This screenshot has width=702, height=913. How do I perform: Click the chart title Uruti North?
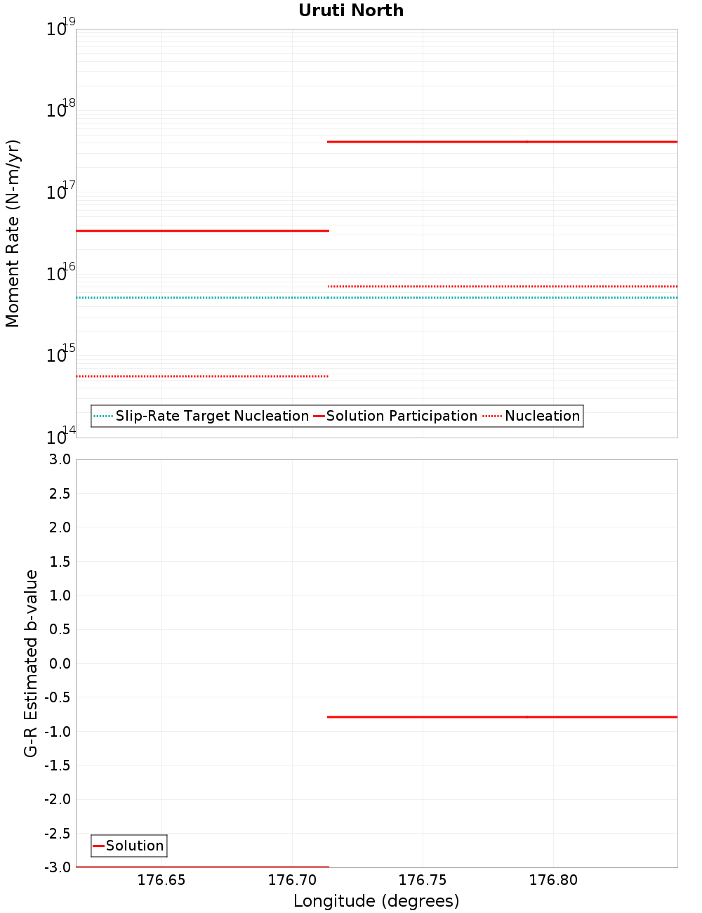tap(351, 11)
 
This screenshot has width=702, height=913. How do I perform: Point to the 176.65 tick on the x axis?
tap(161, 881)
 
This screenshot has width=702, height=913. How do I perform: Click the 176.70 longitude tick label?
tap(292, 881)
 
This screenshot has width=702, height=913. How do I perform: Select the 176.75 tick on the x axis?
tap(423, 881)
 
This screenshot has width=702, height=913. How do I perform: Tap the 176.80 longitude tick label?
tap(553, 881)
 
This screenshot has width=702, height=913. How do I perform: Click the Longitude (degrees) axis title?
tap(376, 901)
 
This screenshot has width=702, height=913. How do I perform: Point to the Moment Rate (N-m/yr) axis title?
tap(13, 233)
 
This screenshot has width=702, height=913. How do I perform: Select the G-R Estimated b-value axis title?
tap(31, 663)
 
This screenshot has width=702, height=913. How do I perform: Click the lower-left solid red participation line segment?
tap(202, 230)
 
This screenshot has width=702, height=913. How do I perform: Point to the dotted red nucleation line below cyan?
tap(202, 376)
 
